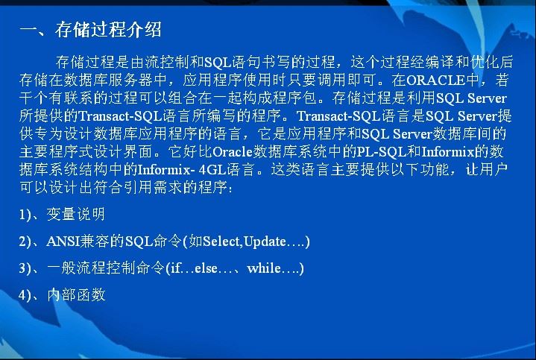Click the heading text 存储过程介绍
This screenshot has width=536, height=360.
[108, 29]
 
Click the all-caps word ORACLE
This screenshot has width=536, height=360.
[435, 80]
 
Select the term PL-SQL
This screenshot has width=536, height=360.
[381, 151]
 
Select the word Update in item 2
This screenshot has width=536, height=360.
[265, 241]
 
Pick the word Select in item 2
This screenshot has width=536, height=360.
[221, 241]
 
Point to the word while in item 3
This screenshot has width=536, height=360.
[264, 268]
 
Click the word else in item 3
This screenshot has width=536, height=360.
[206, 268]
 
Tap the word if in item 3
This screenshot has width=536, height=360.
[175, 268]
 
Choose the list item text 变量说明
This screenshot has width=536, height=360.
[75, 215]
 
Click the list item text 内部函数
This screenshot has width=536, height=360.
[76, 294]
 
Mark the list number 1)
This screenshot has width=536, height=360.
[25, 215]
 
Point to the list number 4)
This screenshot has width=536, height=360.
[25, 295]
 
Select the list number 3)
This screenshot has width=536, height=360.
[25, 268]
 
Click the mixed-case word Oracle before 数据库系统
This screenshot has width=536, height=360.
[233, 151]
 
